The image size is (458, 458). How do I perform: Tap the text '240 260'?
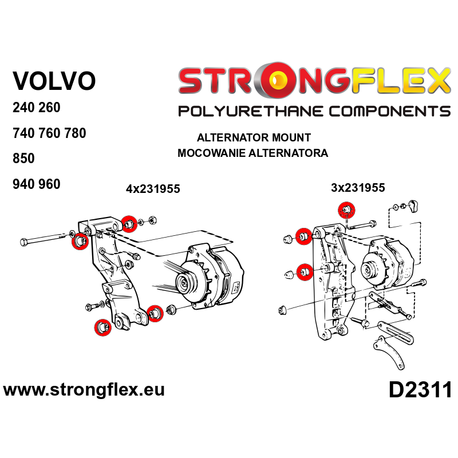36,108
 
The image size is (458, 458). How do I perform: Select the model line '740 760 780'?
49,133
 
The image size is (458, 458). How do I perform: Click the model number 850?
24,159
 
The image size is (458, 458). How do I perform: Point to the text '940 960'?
36,184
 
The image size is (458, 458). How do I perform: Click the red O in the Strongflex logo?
277,80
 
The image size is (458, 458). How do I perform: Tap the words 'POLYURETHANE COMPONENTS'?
314,111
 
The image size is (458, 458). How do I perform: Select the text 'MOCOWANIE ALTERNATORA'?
252,153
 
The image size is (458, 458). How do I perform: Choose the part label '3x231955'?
357,187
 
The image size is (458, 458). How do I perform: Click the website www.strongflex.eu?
84,390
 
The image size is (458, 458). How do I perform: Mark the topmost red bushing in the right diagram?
346,210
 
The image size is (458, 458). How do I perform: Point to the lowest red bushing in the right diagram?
305,270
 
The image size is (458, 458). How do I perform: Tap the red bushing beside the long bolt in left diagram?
78,242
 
